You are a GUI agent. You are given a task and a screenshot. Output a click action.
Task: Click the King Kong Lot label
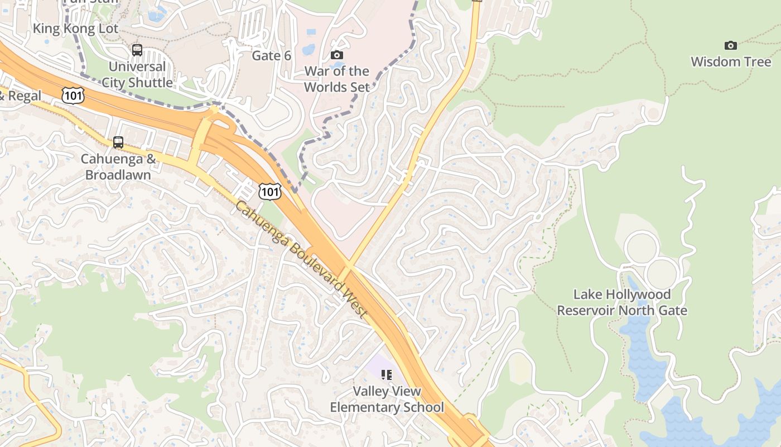pyautogui.click(x=76, y=28)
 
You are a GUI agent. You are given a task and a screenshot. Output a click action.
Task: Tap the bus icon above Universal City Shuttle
pyautogui.click(x=137, y=50)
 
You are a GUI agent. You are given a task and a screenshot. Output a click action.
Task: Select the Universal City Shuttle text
pyautogui.click(x=137, y=75)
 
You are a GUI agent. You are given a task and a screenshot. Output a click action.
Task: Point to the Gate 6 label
pyautogui.click(x=272, y=56)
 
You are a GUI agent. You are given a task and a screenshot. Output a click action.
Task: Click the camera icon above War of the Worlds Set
pyautogui.click(x=336, y=55)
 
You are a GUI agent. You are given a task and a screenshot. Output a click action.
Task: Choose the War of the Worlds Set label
pyautogui.click(x=336, y=79)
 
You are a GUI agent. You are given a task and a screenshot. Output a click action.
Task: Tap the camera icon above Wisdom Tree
pyautogui.click(x=730, y=45)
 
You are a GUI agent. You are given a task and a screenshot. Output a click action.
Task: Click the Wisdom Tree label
pyautogui.click(x=730, y=61)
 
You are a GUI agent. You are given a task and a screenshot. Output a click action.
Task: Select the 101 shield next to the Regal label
pyautogui.click(x=73, y=95)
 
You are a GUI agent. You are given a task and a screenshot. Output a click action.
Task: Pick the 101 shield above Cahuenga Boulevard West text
pyautogui.click(x=269, y=192)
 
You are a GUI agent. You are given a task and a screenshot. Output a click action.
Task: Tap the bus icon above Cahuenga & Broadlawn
pyautogui.click(x=118, y=142)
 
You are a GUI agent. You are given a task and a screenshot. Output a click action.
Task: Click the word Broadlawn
pyautogui.click(x=118, y=175)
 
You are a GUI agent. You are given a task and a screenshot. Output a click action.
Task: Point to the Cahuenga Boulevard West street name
pyautogui.click(x=301, y=260)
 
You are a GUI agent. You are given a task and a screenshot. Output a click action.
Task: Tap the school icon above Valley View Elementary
pyautogui.click(x=386, y=375)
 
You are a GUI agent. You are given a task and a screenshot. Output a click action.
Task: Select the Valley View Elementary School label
pyautogui.click(x=387, y=400)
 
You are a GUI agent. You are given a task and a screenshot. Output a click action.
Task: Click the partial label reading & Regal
pyautogui.click(x=21, y=96)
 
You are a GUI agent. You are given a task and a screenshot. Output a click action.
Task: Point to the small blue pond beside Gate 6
pyautogui.click(x=308, y=50)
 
